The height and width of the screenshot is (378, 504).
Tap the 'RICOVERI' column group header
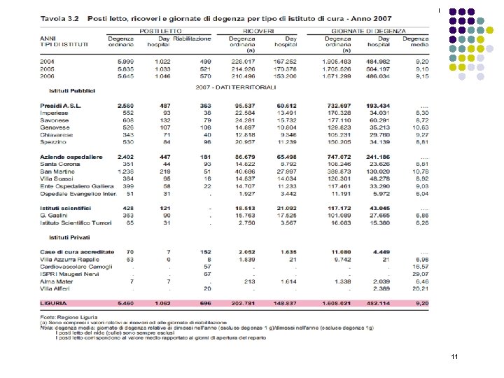coord(258,31)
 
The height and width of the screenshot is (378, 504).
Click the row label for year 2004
coord(48,62)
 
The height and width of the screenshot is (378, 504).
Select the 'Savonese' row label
coord(54,120)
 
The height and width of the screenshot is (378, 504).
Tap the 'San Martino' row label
coord(57,171)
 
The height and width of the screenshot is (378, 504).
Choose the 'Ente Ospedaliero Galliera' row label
coord(77,185)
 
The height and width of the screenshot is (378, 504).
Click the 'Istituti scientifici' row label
coord(66,208)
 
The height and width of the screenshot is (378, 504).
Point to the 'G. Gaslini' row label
coord(54,215)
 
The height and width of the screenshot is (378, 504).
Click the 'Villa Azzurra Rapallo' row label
coord(70,258)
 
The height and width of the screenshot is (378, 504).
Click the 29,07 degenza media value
coord(420,274)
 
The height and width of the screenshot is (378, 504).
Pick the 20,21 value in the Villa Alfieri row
coord(420,288)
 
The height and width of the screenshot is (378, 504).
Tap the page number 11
coord(455,357)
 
